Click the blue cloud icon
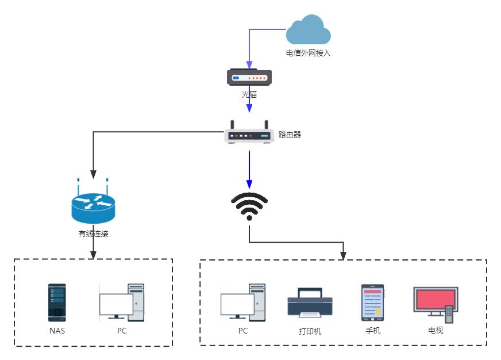pos(309,30)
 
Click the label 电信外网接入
pos(309,53)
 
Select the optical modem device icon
pos(249,77)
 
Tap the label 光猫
pos(249,94)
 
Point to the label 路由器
pos(290,135)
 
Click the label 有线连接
pos(93,234)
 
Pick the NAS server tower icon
pos(57,302)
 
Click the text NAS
pos(57,331)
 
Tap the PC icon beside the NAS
pos(122,302)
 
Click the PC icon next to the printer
pos(243,302)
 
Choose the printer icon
pos(310,303)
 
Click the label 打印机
pos(310,331)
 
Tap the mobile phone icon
pos(372,302)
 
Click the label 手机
pos(373,331)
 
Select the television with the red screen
pos(436,304)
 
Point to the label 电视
pos(436,331)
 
